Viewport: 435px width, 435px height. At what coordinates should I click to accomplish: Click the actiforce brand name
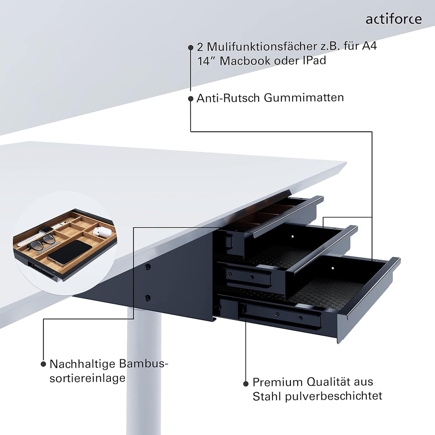coord(394,19)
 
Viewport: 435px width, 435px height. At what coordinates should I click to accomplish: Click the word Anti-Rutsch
coord(228,98)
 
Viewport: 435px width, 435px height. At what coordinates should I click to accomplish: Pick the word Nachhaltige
coord(82,364)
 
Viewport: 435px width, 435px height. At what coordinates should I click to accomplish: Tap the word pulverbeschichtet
coord(333,396)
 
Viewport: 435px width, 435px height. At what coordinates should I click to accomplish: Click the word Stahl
coord(267,396)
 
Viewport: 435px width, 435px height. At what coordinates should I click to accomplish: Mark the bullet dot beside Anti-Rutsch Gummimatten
coord(191,98)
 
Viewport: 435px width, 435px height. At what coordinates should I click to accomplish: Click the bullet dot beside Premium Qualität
coord(246,383)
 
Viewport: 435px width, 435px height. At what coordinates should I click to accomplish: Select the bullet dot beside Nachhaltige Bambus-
coord(43,364)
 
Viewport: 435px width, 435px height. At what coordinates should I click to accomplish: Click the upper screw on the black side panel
coord(148,267)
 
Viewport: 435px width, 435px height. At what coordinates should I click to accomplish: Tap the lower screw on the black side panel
coord(148,298)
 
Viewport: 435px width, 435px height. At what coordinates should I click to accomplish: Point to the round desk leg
coord(144,371)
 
